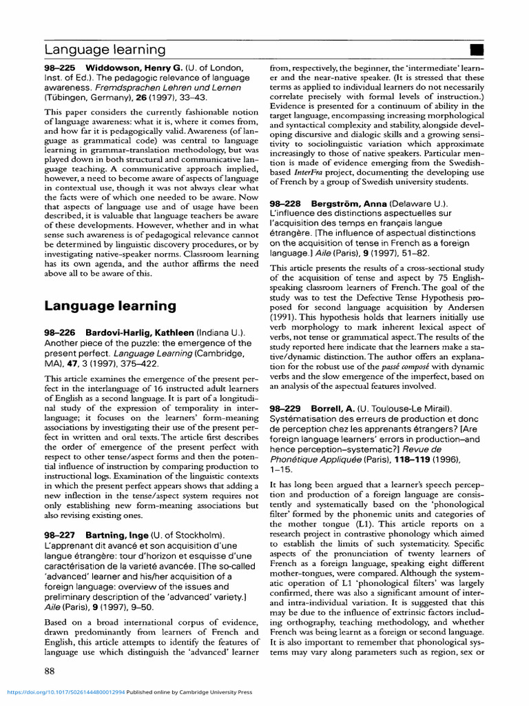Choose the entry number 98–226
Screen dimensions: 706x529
coord(60,333)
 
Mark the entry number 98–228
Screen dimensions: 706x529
coord(286,204)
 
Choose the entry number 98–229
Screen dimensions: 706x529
coord(286,409)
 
